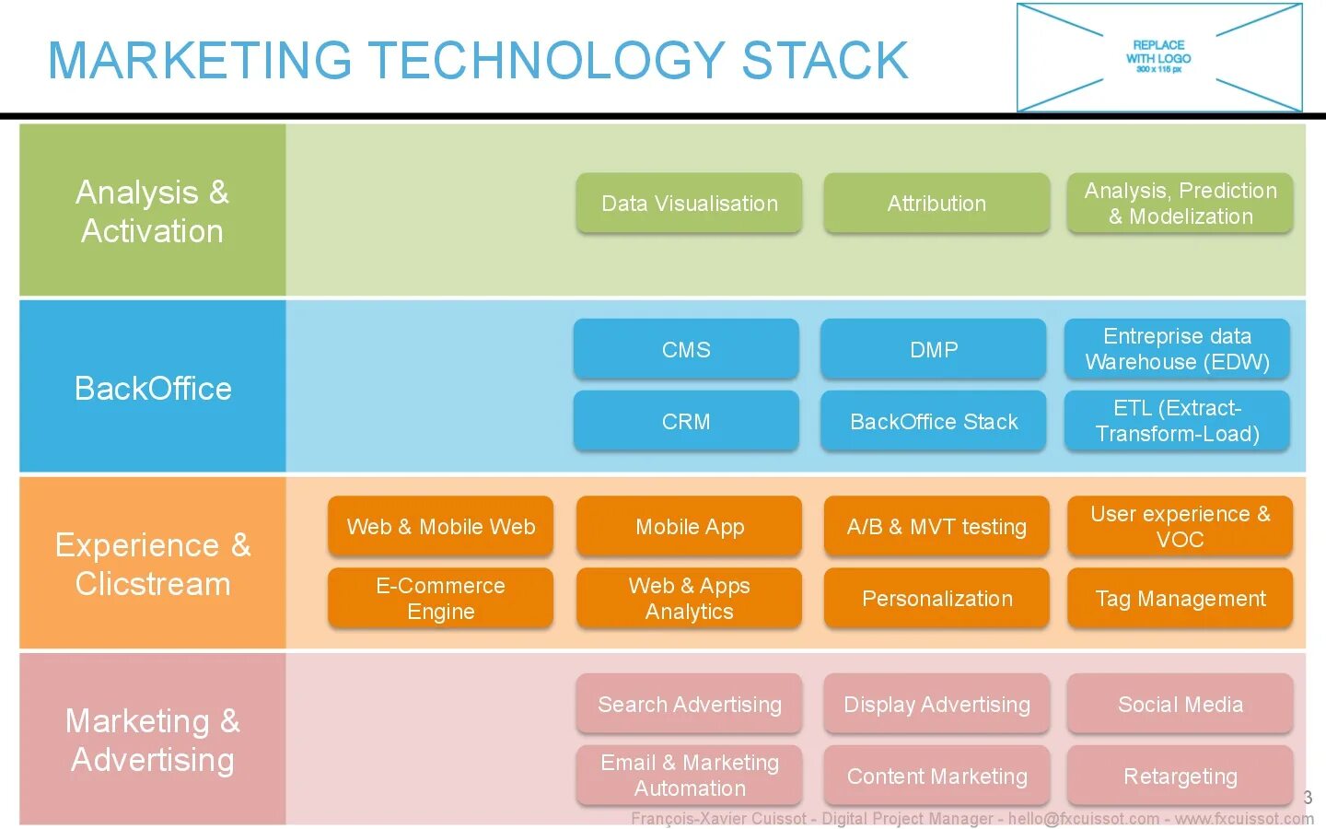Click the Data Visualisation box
click(x=689, y=203)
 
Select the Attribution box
click(x=936, y=203)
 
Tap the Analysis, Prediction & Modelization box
click(x=1180, y=203)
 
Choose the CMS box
click(x=686, y=349)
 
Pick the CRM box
click(x=686, y=421)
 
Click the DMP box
click(x=933, y=349)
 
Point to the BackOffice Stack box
click(x=933, y=421)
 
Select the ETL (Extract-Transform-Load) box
click(x=1177, y=421)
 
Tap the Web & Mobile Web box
click(x=440, y=526)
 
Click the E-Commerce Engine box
click(x=440, y=598)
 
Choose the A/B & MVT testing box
click(x=936, y=526)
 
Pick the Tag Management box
click(x=1180, y=598)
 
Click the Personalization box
click(x=936, y=598)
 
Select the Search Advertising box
click(x=689, y=704)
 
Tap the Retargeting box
click(x=1180, y=776)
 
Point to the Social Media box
click(x=1180, y=704)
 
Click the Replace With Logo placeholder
click(x=1158, y=57)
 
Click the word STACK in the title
click(x=824, y=61)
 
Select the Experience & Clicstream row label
click(x=153, y=564)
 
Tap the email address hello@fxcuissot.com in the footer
click(x=1084, y=819)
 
